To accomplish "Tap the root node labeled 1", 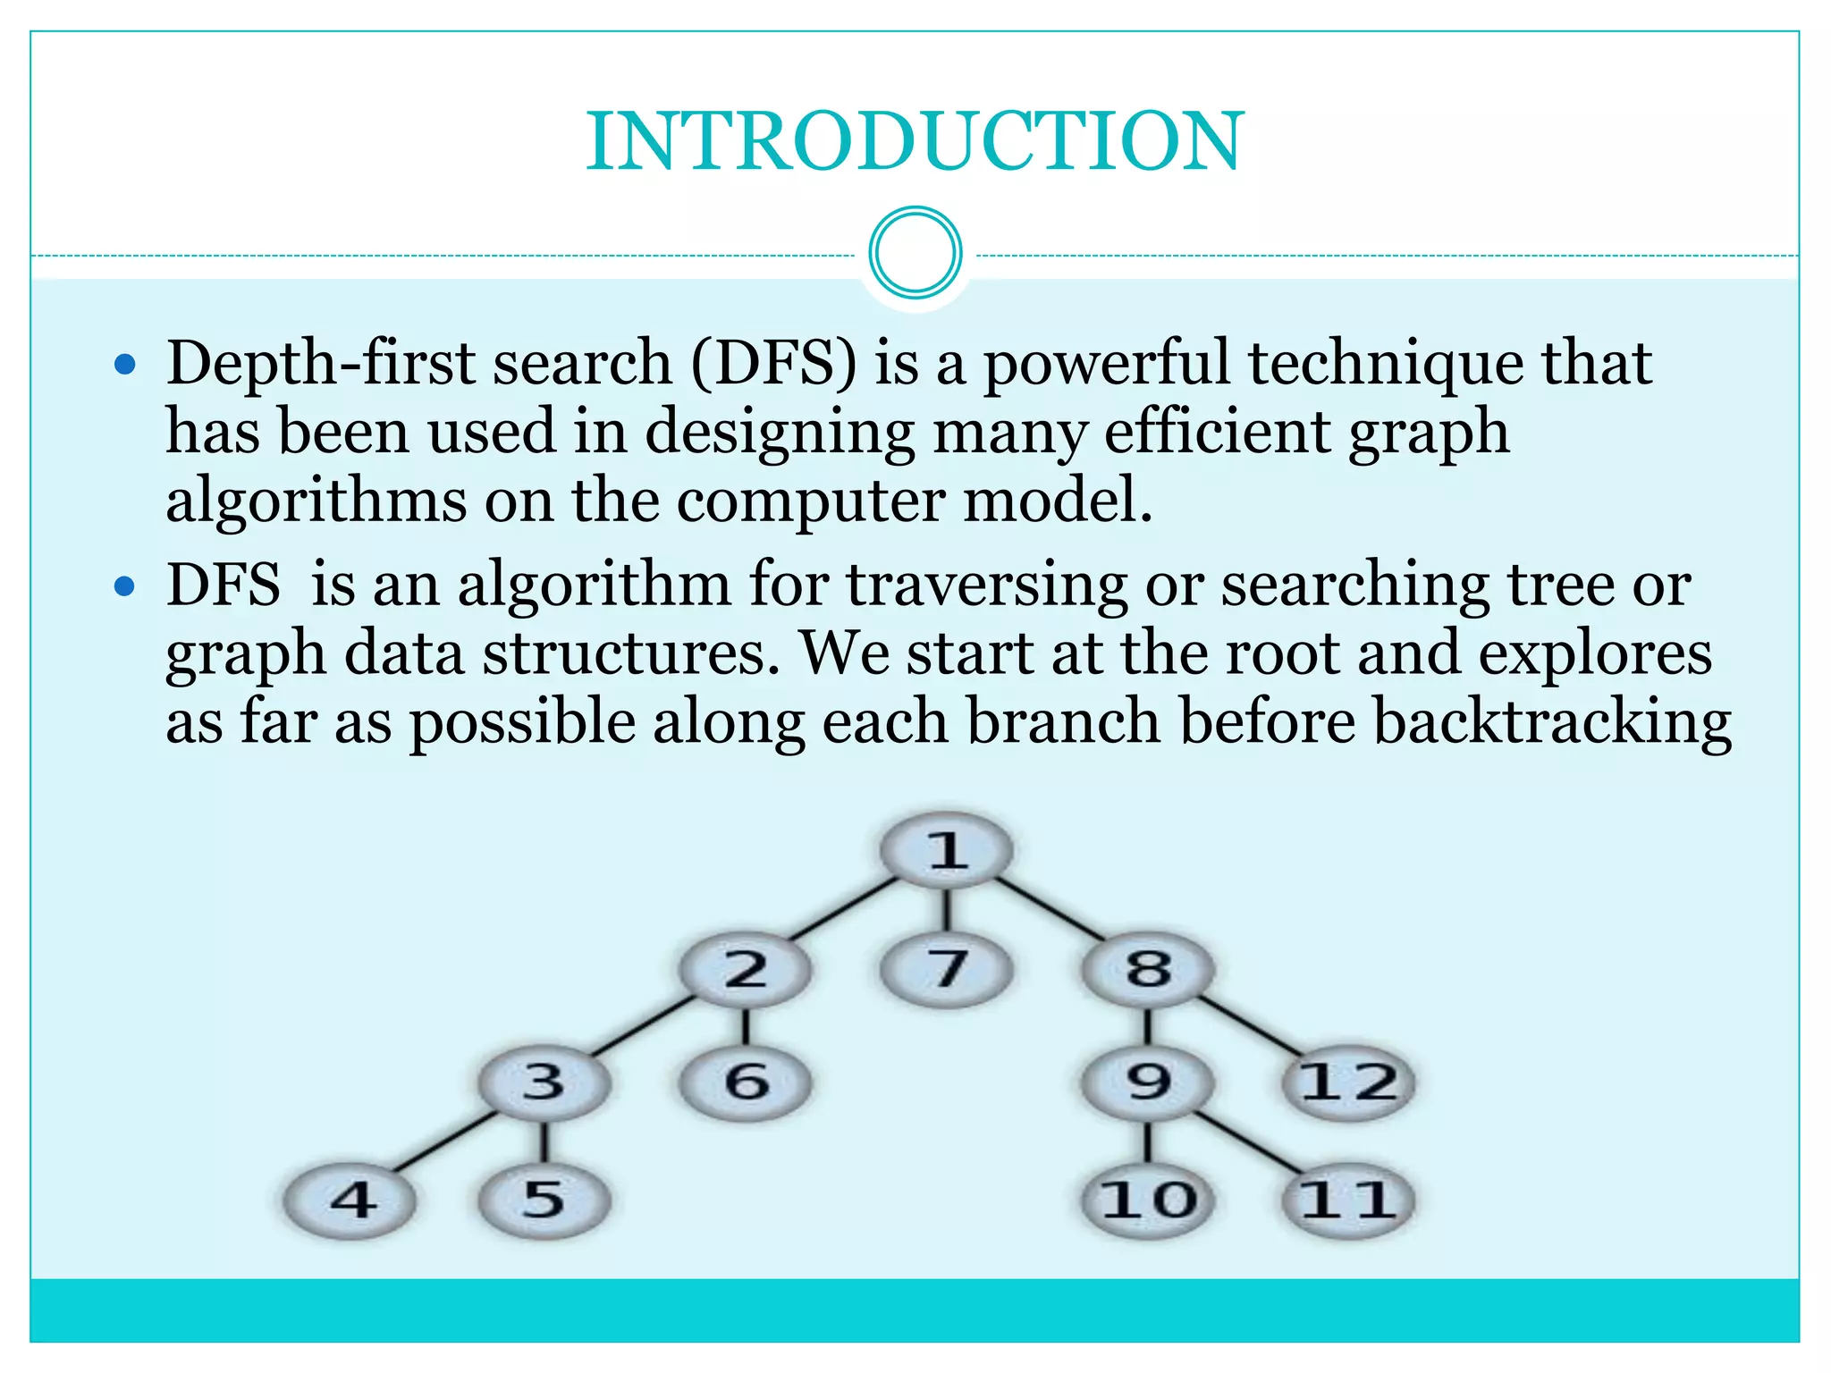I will [x=947, y=849].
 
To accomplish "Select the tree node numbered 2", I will [x=746, y=969].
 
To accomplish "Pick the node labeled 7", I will [x=947, y=969].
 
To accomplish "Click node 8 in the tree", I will [x=1148, y=969].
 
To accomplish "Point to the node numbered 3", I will [x=544, y=1082].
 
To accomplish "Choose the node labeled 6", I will [x=746, y=1082].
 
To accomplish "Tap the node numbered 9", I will [x=1148, y=1082].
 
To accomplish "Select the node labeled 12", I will [x=1348, y=1082].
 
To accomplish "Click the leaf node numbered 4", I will [x=350, y=1200].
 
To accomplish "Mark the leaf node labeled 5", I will [x=544, y=1200].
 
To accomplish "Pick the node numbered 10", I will [x=1148, y=1200].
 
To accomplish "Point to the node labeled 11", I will [x=1348, y=1200].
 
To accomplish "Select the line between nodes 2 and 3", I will [x=644, y=1026].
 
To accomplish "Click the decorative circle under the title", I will [x=915, y=253].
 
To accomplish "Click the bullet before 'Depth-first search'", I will [x=125, y=365].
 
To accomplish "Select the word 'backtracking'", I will [x=1552, y=722].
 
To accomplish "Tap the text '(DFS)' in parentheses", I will [x=773, y=365].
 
